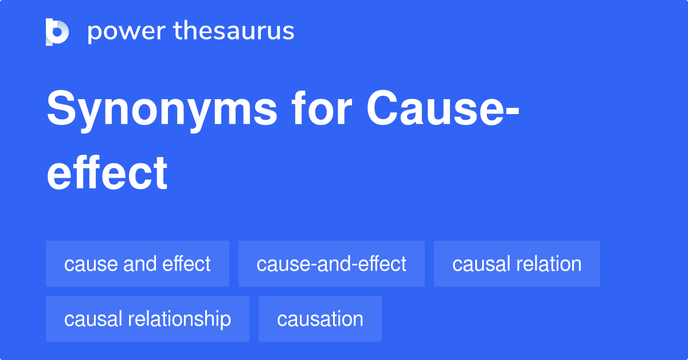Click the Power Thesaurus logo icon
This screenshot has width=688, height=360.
pos(57,32)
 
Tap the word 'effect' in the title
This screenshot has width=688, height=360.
pos(107,173)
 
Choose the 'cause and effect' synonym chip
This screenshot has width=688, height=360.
pos(138,264)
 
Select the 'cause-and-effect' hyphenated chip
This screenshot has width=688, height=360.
pos(331,264)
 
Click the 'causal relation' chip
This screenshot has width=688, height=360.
pos(517,264)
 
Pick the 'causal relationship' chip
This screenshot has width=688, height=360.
pos(147,319)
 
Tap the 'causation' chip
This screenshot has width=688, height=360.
pos(320,319)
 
